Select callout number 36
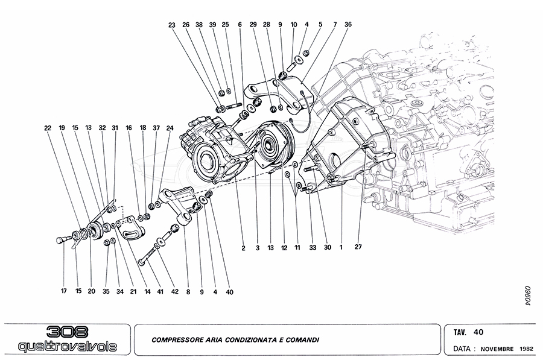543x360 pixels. pos(348,25)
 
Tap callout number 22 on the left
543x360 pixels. pos(48,128)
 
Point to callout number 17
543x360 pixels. pos(63,291)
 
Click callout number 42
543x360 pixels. pos(174,291)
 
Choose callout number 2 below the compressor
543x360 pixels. pos(244,247)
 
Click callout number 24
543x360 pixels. pos(170,128)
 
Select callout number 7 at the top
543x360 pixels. pos(334,25)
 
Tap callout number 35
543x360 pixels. pos(106,291)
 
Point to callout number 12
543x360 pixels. pos(284,247)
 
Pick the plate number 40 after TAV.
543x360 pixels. pos(478,332)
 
